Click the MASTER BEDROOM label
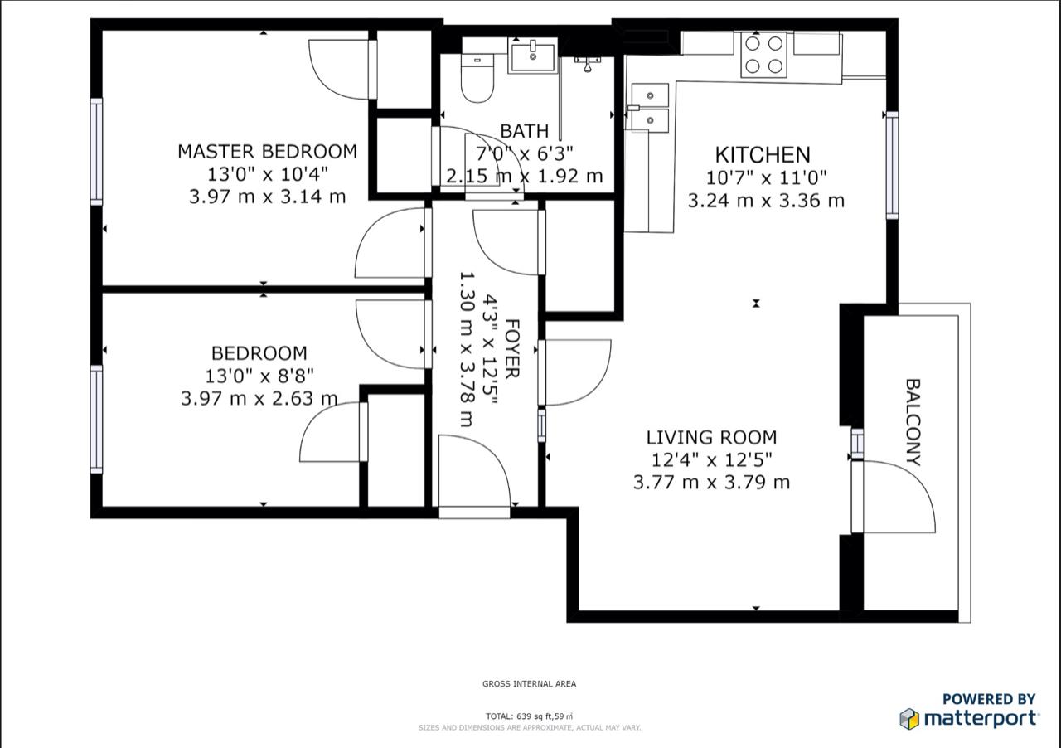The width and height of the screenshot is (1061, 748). tap(267, 152)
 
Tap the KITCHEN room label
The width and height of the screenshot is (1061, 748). tap(762, 155)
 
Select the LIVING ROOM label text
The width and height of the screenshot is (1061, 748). tap(711, 438)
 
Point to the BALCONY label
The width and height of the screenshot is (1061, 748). tap(913, 422)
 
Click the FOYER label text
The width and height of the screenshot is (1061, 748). tap(512, 348)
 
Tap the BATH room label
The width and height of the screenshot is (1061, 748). tap(524, 131)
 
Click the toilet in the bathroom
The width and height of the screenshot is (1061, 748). tap(477, 79)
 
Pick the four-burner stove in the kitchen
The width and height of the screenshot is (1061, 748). tap(763, 55)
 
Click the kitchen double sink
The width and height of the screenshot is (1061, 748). tap(650, 107)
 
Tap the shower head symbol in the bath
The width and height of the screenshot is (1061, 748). tap(588, 63)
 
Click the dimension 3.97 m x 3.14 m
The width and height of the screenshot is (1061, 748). tap(267, 197)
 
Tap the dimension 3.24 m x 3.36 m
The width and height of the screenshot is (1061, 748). tap(765, 201)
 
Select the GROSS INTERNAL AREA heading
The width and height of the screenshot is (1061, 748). tap(529, 684)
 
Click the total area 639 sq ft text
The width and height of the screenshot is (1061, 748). tap(529, 716)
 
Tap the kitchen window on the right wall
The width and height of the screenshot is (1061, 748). tap(892, 165)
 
